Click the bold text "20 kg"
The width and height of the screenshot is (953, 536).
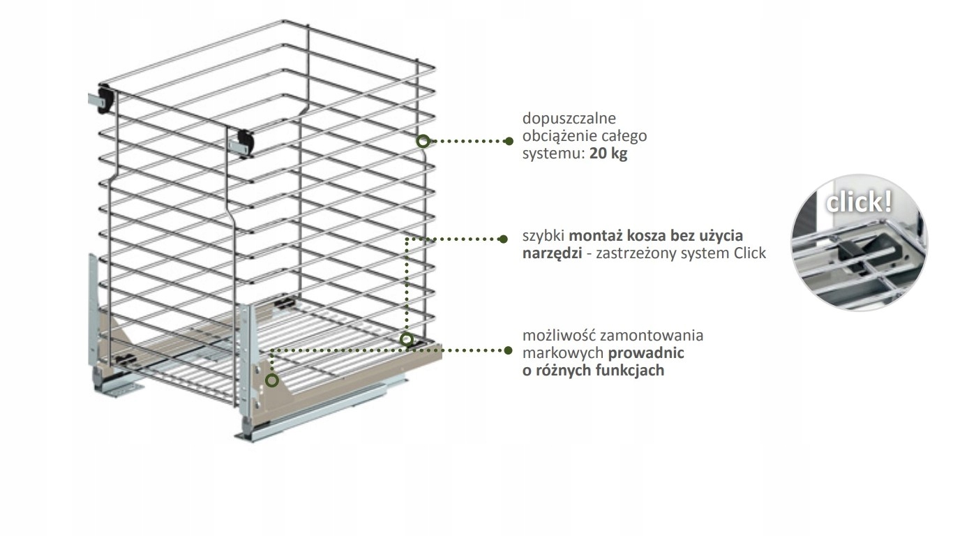[608, 154]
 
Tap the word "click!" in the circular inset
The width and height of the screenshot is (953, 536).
[858, 202]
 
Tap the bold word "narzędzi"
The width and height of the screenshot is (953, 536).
[552, 253]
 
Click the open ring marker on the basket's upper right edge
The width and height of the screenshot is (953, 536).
[423, 141]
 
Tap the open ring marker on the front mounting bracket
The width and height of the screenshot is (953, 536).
[271, 380]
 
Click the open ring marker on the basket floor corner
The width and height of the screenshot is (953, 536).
[406, 340]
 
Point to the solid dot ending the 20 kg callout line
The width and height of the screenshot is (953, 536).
[509, 141]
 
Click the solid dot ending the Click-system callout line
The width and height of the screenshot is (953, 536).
[504, 239]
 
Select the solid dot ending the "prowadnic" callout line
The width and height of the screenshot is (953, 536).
[509, 350]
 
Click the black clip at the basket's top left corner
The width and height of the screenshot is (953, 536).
[105, 97]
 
